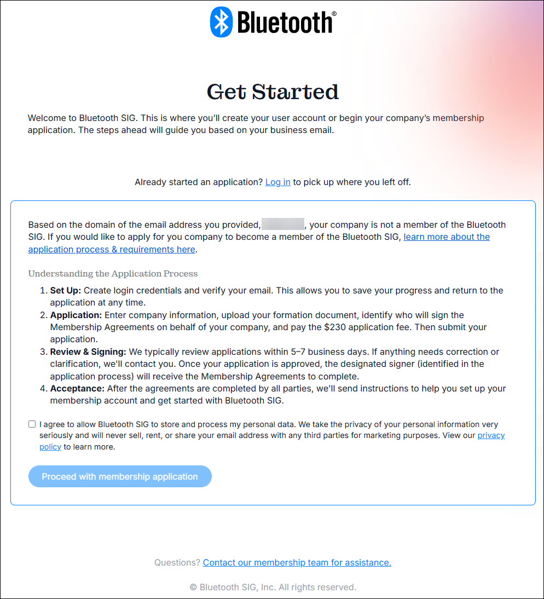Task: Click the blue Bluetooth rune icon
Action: coord(221,22)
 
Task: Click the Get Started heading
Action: coord(273,91)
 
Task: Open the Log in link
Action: coord(277,182)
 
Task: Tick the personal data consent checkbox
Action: coord(32,424)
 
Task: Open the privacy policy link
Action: coord(491,435)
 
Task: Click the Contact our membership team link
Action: coord(297,562)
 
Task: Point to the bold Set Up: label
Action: coord(66,290)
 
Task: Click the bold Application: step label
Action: coord(76,315)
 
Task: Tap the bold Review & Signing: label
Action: coord(88,352)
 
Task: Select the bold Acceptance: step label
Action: coord(77,388)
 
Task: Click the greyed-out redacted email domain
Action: coord(283,224)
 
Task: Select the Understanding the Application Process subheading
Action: coord(113,273)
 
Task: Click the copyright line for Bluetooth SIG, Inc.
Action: coord(273,587)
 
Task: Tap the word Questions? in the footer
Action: coord(177,562)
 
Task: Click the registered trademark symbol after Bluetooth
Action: coord(334,14)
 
